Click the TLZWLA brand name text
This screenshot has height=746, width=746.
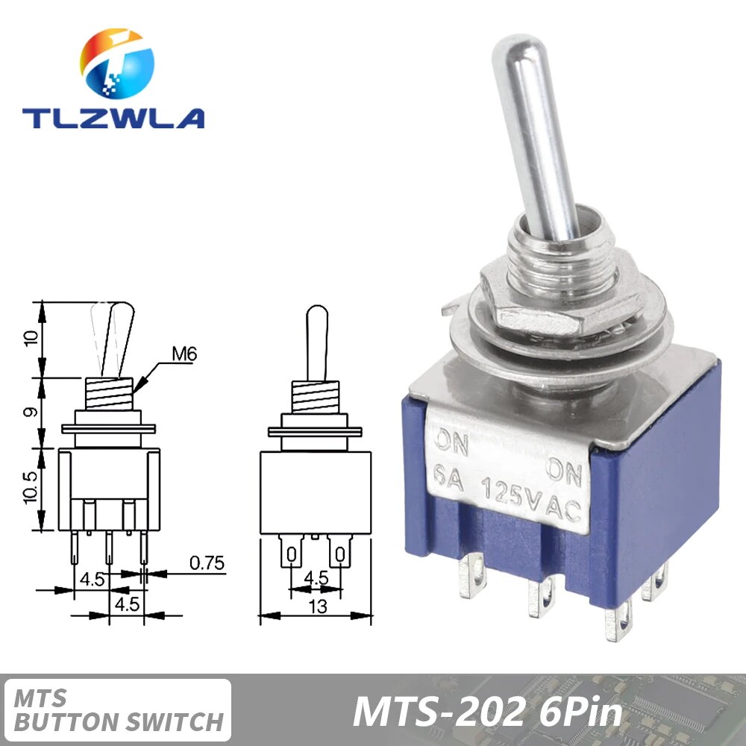tap(113, 118)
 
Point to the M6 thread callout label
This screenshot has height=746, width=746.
tap(183, 355)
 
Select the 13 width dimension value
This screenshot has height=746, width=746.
tap(318, 606)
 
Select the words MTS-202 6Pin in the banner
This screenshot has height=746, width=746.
tap(487, 712)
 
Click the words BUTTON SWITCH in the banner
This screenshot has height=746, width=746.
tap(119, 722)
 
